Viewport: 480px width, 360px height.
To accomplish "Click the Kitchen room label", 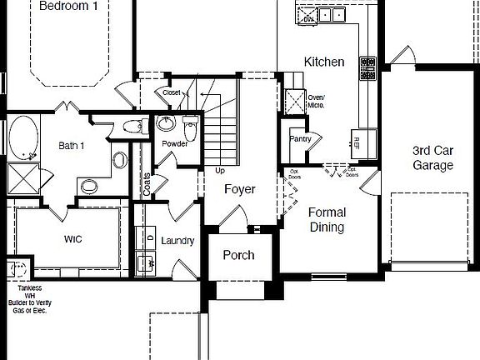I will (324, 62).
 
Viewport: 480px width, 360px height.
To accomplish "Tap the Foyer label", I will (241, 189).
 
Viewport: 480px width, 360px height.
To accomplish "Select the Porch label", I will (238, 255).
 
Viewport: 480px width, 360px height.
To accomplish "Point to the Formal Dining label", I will (327, 219).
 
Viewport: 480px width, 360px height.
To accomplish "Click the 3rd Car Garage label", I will (432, 158).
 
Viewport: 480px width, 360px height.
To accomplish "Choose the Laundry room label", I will (177, 241).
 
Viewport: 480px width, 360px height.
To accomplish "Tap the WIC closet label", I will (73, 238).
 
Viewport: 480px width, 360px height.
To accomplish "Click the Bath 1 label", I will (71, 146).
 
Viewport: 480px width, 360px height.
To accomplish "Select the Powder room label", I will (174, 143).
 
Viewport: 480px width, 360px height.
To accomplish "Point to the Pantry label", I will (300, 139).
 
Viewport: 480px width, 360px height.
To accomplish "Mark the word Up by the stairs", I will (220, 171).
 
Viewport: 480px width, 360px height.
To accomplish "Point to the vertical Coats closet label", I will (147, 184).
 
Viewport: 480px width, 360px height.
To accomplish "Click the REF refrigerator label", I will (357, 140).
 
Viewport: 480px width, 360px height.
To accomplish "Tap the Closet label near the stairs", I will (171, 92).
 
